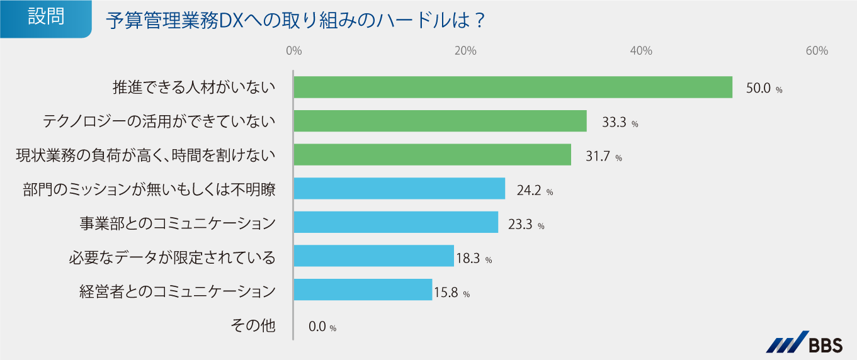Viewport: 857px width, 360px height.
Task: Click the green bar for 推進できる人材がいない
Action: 513,87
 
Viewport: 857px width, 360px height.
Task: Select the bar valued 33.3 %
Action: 440,121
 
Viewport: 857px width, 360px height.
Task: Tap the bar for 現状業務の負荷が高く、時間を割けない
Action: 432,155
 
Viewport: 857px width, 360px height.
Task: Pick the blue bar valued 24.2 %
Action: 399,189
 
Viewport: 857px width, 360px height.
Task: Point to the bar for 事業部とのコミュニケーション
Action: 396,223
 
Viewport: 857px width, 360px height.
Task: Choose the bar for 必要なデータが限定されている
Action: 373,256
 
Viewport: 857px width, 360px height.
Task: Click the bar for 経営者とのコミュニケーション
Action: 363,290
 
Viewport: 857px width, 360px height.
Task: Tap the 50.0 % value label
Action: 764,89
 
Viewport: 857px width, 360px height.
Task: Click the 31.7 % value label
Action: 603,157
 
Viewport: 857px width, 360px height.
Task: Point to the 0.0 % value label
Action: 322,327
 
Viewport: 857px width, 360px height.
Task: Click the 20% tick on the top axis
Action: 465,52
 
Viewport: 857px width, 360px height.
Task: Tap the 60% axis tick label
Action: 816,52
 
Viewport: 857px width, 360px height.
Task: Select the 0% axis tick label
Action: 293,52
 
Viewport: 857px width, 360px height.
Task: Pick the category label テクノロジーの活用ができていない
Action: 159,121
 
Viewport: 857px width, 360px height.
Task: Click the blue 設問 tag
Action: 45,18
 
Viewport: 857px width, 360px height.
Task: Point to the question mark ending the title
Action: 479,21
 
